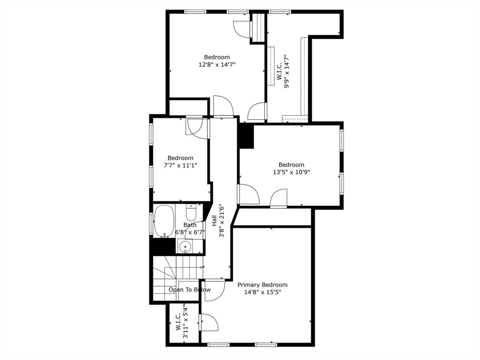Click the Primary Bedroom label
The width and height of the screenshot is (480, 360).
[x=262, y=285]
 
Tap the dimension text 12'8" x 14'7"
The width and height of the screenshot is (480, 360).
[x=217, y=65]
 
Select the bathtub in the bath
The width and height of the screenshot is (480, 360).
[x=164, y=221]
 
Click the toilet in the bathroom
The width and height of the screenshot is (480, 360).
[x=191, y=213]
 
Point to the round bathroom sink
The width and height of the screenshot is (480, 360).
[x=186, y=246]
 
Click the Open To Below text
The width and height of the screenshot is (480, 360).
[x=189, y=290]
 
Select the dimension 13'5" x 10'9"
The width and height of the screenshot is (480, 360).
[x=291, y=172]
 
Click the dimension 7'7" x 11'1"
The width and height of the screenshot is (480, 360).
[x=180, y=165]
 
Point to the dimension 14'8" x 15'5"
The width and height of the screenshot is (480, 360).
[x=262, y=292]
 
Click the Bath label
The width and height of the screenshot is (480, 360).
[x=190, y=225]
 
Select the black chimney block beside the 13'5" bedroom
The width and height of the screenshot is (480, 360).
[x=246, y=136]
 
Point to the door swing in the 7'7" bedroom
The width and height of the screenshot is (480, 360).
[x=194, y=127]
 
